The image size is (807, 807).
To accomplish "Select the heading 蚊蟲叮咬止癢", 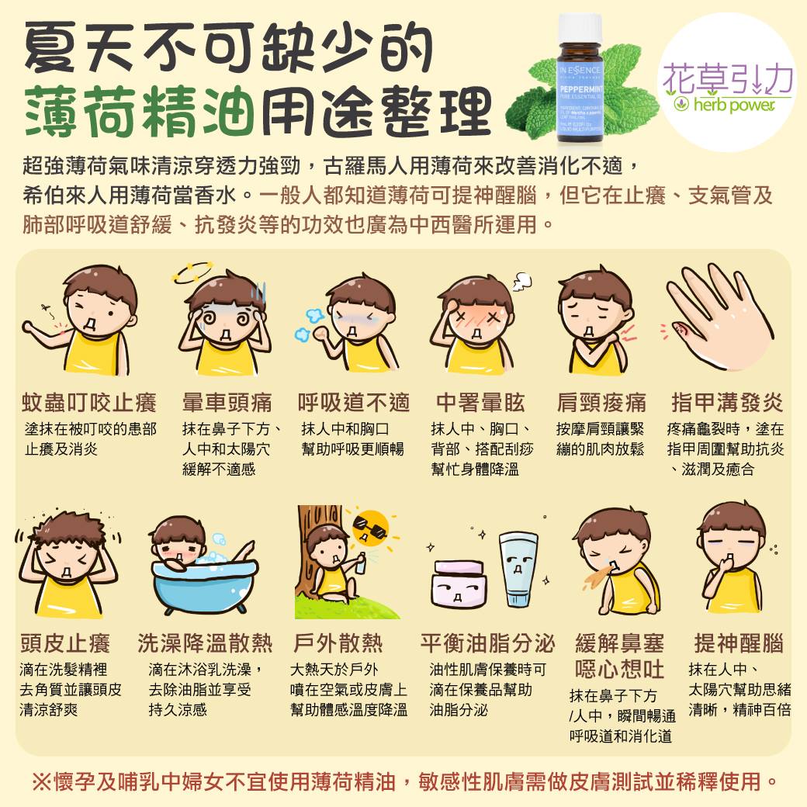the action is point(89,403).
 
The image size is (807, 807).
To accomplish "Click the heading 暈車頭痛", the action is point(227,403).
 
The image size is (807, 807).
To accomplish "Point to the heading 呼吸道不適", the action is point(354,403).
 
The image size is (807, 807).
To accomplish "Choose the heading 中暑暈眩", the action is point(480,403).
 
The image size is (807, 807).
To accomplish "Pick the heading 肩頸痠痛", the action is point(601,403).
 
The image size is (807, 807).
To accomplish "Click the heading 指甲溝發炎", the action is point(727,403).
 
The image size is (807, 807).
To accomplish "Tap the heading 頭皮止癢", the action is point(65,643).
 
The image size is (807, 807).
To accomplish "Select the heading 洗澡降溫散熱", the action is point(205,643).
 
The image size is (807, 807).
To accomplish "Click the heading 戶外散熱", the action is point(338,643).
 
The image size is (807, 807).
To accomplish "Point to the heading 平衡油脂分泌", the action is point(487,643).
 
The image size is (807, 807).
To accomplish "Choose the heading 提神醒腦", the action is point(739,643).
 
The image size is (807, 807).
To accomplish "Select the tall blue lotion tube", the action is point(518,569).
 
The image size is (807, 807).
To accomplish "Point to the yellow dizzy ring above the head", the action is point(192,272).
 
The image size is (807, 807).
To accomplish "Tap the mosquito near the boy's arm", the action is point(47,310).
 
